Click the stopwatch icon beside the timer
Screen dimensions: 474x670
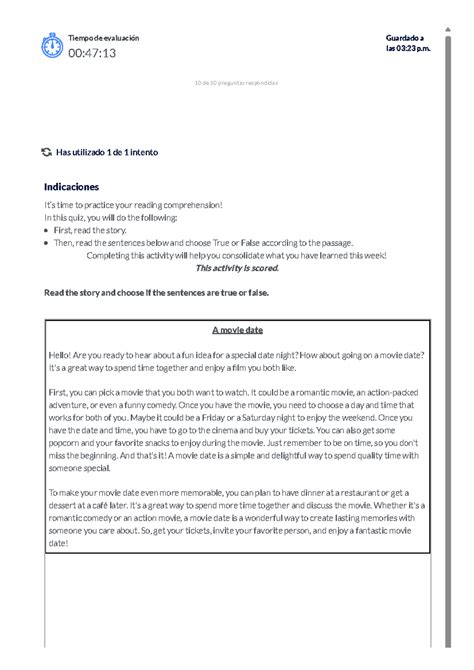[51, 46]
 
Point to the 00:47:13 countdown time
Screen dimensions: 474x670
[92, 53]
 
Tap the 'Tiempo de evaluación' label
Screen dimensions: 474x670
[103, 38]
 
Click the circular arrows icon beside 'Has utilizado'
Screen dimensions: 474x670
[46, 152]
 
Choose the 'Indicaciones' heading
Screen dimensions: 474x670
[72, 186]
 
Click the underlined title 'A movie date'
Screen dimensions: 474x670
[237, 329]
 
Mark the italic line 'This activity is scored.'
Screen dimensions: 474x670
[237, 268]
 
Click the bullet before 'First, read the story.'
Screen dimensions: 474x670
[47, 229]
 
